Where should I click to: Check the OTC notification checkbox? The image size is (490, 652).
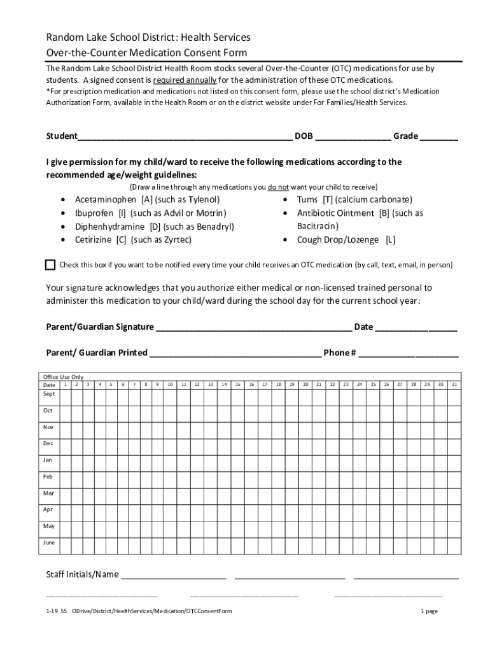tap(51, 265)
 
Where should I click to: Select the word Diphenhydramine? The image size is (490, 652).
tap(109, 227)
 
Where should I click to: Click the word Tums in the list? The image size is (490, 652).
tap(307, 199)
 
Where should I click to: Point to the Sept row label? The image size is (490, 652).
tap(49, 394)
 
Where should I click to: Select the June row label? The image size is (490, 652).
tap(49, 543)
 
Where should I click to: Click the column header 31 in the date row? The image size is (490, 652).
tap(454, 385)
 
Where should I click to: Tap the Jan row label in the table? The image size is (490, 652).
tap(48, 460)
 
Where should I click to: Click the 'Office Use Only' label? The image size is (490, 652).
tap(63, 377)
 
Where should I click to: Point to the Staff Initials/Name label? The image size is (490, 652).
tap(82, 575)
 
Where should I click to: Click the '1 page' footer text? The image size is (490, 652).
tap(429, 611)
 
